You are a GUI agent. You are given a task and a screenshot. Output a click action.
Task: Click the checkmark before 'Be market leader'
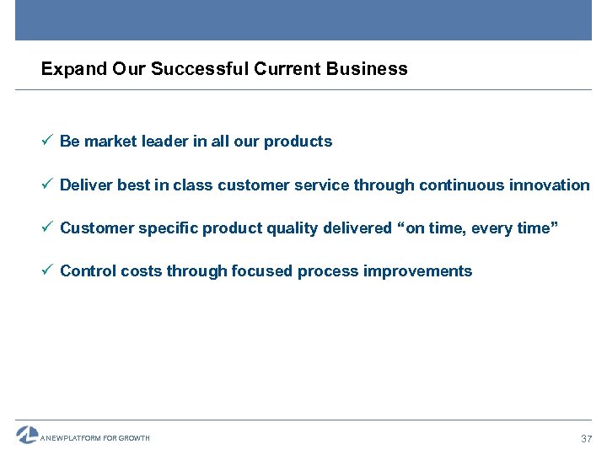click(x=47, y=141)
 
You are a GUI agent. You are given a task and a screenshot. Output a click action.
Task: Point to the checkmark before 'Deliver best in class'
click(x=47, y=185)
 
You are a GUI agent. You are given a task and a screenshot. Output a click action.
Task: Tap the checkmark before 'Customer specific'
click(x=47, y=227)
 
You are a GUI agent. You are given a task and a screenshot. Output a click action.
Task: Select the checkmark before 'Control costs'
click(x=47, y=270)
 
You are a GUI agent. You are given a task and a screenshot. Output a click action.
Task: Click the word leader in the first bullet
click(x=166, y=142)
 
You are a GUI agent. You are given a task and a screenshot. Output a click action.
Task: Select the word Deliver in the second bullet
click(x=87, y=185)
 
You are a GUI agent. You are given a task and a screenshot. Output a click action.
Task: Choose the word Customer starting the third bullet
click(x=95, y=228)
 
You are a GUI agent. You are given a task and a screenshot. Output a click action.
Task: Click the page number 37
click(x=587, y=439)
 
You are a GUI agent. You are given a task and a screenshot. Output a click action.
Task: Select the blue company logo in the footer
click(x=27, y=435)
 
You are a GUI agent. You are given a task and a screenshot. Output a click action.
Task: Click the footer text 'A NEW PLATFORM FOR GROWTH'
click(x=95, y=438)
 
